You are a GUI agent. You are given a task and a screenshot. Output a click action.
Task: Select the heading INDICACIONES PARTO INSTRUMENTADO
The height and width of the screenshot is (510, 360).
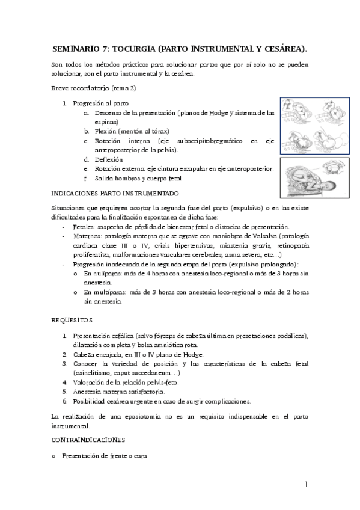115,193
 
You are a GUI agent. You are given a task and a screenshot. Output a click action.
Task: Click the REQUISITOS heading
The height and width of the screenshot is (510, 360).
72,320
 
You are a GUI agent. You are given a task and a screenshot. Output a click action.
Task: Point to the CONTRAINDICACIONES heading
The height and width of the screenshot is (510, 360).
88,440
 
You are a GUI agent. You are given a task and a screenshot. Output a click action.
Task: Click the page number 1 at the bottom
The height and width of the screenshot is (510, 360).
306,484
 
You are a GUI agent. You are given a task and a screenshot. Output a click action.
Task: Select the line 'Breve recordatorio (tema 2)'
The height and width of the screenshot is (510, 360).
94,88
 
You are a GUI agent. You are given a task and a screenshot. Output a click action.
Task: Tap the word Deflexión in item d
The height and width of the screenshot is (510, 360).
109,159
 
